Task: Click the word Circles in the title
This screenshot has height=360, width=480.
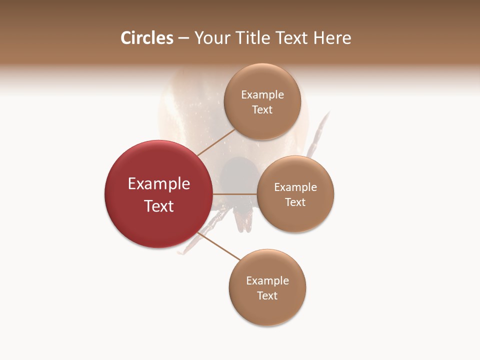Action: pos(147,38)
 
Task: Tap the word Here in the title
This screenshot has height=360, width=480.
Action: pos(332,38)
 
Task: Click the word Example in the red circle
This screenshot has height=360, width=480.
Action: pos(159,184)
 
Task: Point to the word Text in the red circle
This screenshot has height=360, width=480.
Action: pos(159,206)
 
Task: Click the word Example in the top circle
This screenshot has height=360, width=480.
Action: pos(262,94)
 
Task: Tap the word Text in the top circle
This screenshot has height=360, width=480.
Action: pos(262,109)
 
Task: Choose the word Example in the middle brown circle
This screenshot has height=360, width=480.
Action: pos(295,187)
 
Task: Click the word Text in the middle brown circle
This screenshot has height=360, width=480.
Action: pos(295,202)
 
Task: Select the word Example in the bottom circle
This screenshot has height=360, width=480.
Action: pos(267,280)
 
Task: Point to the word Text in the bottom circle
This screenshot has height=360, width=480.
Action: pos(267,295)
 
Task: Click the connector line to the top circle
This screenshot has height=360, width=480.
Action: pos(216,142)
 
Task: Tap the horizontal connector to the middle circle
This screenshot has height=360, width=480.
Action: pos(235,194)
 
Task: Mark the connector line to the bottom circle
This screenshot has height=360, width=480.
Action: pos(220,246)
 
